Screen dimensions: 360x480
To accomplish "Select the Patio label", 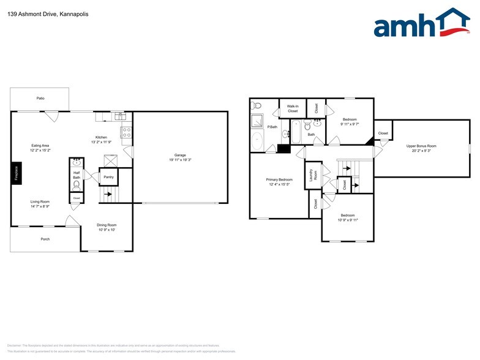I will [x=40, y=99].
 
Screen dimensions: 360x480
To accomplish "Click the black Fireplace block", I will [x=16, y=173].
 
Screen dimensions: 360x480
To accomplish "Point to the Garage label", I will [x=180, y=156].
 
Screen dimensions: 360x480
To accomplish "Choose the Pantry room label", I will [x=108, y=178].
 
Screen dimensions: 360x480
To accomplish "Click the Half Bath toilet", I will [x=77, y=183].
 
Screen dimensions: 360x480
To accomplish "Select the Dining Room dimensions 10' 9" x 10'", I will [x=107, y=230].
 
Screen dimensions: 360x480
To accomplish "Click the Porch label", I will [x=45, y=239].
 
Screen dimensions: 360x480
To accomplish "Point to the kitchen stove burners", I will [x=127, y=130].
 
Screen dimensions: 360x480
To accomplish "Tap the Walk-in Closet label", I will [x=293, y=108].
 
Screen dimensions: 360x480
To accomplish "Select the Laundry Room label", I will [x=312, y=175].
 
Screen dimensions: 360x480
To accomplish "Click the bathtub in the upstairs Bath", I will [x=295, y=130].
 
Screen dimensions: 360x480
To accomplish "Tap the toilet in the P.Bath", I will [x=257, y=105].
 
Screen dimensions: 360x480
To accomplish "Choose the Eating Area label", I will [x=40, y=145].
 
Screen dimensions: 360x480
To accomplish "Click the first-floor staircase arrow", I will [x=108, y=195].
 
